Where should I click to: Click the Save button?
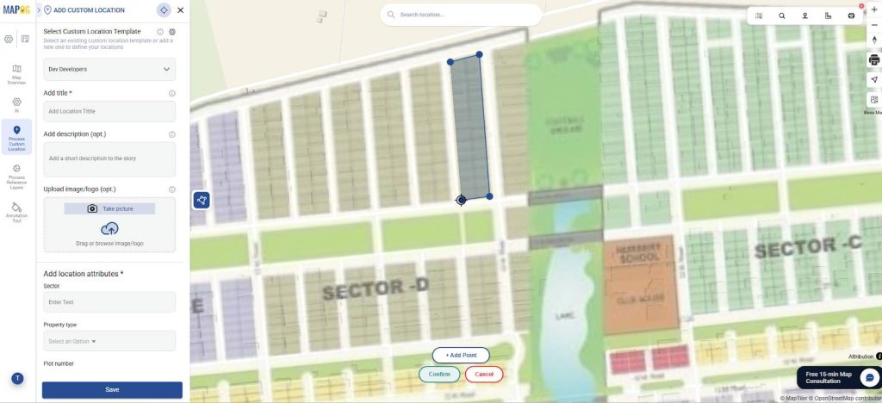click(112, 389)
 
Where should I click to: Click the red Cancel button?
click(484, 374)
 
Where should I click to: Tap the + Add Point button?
click(461, 355)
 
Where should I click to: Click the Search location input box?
click(465, 15)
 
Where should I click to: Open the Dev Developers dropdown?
click(109, 69)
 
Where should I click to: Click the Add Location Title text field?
click(109, 111)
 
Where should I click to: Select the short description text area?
click(109, 158)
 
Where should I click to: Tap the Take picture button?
click(109, 208)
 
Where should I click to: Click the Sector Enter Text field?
click(109, 302)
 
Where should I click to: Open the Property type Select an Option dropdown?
click(109, 341)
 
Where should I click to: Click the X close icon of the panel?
click(180, 10)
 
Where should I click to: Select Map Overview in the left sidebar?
click(16, 74)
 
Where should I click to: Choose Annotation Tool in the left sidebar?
click(16, 211)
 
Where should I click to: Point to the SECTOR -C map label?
click(807, 248)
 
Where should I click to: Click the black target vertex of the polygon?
click(462, 200)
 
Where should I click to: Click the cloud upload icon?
click(109, 229)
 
